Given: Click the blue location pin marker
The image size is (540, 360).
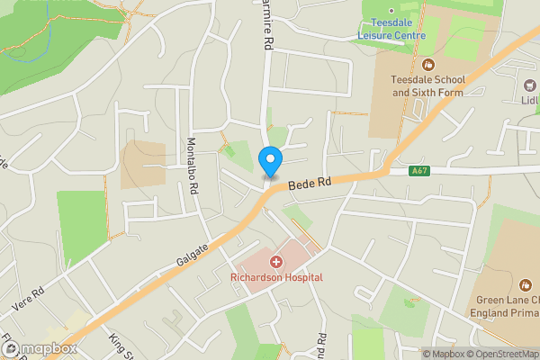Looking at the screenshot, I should tap(270, 162).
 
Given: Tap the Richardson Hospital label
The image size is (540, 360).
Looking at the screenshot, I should tap(276, 277).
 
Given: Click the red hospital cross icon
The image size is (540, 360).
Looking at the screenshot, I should tap(276, 262).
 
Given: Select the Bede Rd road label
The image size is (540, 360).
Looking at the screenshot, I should tap(310, 184).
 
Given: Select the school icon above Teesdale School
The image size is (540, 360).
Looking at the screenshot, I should tap(427, 64).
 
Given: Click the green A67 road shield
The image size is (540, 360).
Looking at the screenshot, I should tap(418, 171).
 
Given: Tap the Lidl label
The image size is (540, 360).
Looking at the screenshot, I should tap(530, 101).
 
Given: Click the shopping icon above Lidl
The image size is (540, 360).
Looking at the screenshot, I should tap(530, 85).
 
